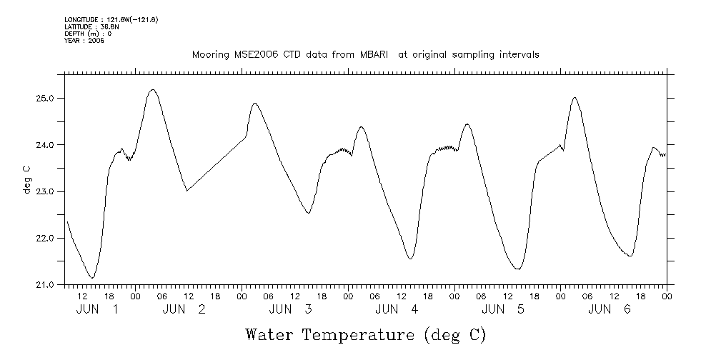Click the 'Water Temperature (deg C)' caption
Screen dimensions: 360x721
[365, 334]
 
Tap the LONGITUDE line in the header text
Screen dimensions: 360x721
[111, 19]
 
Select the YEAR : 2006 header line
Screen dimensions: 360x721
[84, 41]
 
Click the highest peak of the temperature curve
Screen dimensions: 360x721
[151, 90]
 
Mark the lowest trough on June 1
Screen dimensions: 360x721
[91, 277]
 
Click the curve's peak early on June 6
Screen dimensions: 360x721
[575, 98]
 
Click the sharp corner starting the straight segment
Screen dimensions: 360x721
[187, 191]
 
